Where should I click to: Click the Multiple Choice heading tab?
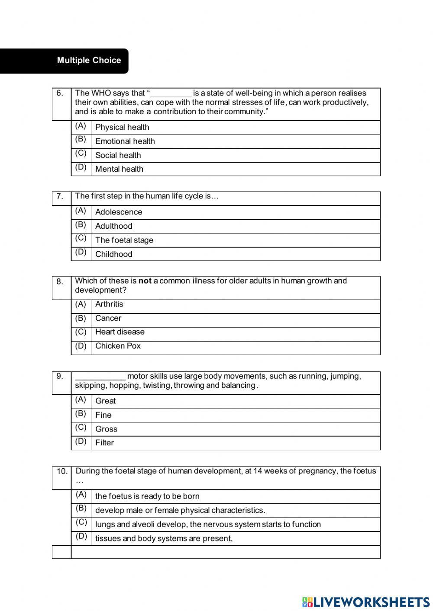point(89,61)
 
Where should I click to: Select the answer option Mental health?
point(119,169)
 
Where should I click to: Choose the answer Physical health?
point(122,127)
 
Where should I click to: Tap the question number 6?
point(60,93)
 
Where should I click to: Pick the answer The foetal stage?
point(124,240)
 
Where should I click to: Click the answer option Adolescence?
point(118,212)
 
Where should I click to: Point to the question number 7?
point(60,197)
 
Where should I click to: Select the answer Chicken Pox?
point(118,346)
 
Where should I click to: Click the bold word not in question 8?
point(145,281)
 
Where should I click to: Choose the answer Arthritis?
point(109,304)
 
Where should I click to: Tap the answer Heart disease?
point(120,332)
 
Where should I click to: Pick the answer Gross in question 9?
point(106,429)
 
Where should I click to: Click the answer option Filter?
point(104,443)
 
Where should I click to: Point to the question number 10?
point(62,471)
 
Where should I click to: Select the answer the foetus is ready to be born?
point(147,496)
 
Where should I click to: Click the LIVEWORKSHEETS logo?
point(366,601)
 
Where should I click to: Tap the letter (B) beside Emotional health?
point(81,139)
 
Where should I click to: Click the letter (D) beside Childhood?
point(81,252)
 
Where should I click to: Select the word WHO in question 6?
point(101,93)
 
